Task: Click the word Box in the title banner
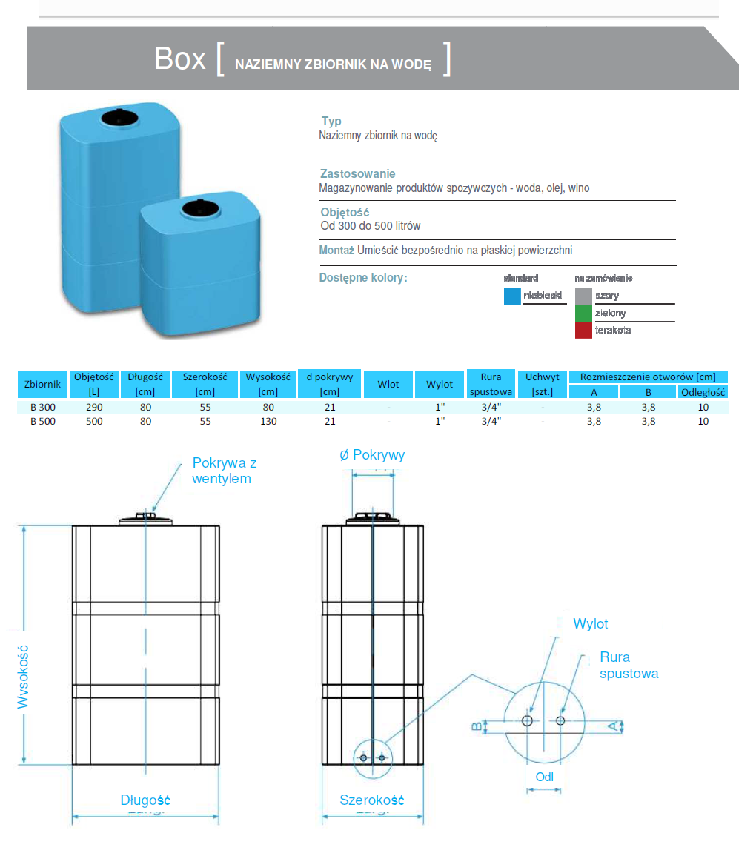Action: click(179, 59)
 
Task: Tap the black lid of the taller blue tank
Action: click(116, 116)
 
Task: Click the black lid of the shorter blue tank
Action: click(201, 208)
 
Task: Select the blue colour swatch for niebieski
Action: click(512, 296)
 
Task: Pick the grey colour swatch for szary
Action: click(583, 296)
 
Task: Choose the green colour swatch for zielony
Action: click(583, 313)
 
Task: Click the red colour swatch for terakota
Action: click(583, 331)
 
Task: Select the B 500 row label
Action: click(42, 421)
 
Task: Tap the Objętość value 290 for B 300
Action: click(94, 407)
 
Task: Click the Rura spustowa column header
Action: click(491, 384)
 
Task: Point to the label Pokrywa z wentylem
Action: click(224, 471)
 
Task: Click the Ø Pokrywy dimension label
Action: click(372, 455)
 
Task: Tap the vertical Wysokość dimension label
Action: click(23, 676)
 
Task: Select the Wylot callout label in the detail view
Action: click(590, 624)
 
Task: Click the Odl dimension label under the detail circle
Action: click(544, 777)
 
